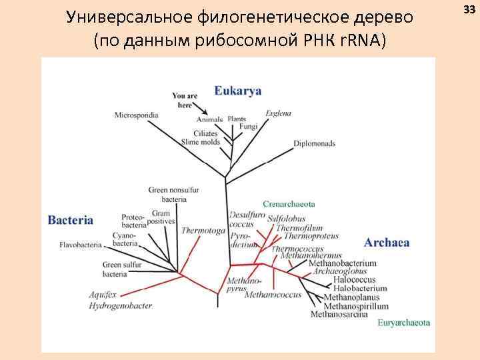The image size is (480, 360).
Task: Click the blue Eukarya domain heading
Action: point(238,92)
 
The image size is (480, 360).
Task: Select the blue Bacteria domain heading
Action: point(71,220)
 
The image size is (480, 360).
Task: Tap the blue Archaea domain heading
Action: point(387,243)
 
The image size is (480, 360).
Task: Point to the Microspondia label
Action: point(136,115)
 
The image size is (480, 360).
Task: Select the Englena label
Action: point(278,113)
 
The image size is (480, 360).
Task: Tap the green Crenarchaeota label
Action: point(289,204)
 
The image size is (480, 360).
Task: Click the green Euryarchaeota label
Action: point(403,323)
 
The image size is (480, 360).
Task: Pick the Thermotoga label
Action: point(203,230)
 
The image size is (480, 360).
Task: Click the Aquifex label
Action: point(104,294)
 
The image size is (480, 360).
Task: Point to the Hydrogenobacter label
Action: point(121,306)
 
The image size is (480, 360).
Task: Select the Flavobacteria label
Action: point(81,245)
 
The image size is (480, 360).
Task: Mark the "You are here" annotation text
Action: point(185,100)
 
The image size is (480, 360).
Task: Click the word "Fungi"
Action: point(248,126)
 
